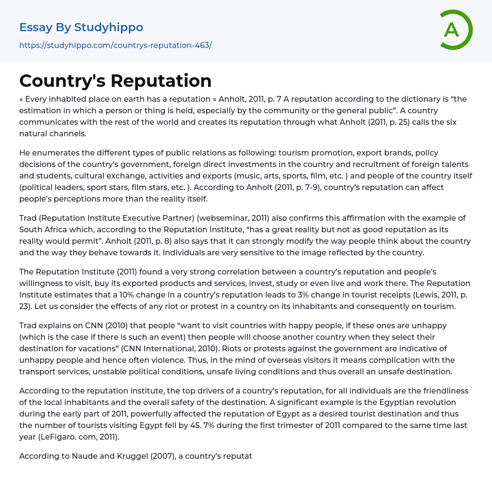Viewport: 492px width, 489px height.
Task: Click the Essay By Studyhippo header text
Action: pos(81,27)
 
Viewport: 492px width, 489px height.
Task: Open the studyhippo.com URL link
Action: pos(115,45)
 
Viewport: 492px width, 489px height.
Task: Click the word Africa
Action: pos(58,229)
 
